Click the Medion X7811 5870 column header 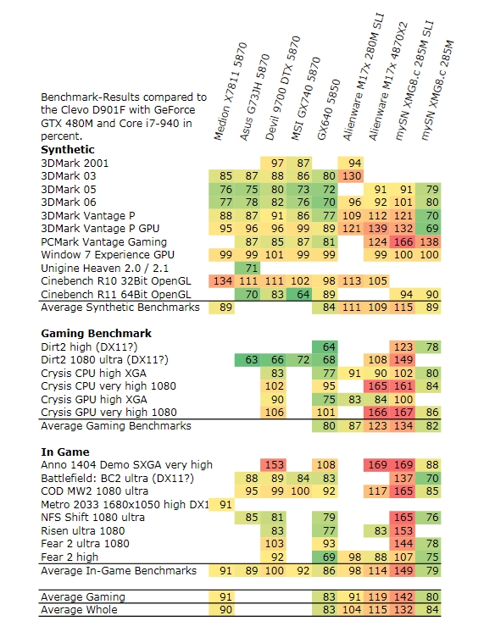click(x=230, y=91)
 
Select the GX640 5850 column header click(x=328, y=109)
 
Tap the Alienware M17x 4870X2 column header click(x=388, y=81)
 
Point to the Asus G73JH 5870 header click(x=254, y=97)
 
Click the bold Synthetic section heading click(x=68, y=150)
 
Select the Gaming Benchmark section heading click(x=96, y=333)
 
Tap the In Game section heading click(x=65, y=452)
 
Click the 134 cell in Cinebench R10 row click(x=221, y=281)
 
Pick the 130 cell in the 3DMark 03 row click(x=351, y=176)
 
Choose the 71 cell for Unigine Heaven click(x=247, y=268)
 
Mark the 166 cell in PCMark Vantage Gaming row click(x=403, y=241)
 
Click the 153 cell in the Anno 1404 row click(x=273, y=465)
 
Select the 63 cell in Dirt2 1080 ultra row click(x=247, y=359)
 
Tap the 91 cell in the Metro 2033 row click(x=221, y=504)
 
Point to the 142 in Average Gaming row click(x=403, y=596)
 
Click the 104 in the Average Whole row click(x=351, y=609)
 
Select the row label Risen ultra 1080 click(x=83, y=531)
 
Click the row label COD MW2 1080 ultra click(x=94, y=491)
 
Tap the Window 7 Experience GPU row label click(x=108, y=255)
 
